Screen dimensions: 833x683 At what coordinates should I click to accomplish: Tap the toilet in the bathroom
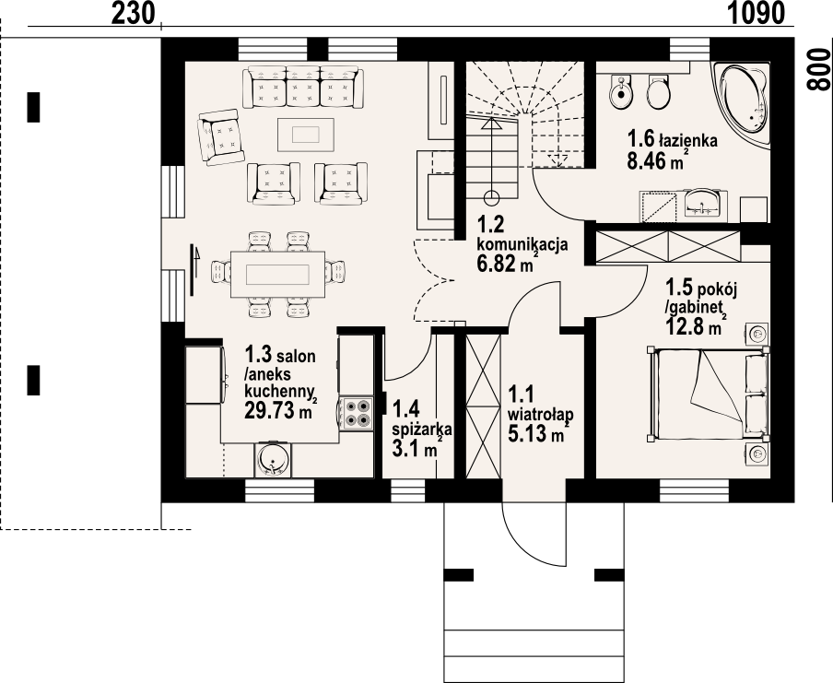click(659, 91)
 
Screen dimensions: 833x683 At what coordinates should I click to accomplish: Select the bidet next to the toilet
click(619, 91)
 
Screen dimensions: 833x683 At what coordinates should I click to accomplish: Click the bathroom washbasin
click(702, 205)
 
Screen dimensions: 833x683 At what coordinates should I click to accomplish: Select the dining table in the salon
click(278, 275)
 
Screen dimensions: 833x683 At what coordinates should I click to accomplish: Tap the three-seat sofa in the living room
click(303, 87)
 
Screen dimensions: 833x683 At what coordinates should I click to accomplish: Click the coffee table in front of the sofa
click(306, 135)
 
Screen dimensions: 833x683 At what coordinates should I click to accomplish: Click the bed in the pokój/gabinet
click(709, 394)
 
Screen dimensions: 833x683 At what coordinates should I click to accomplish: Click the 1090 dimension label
click(756, 13)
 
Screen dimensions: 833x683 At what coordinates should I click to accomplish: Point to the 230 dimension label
click(133, 13)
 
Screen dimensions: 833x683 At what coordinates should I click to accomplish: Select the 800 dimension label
click(818, 69)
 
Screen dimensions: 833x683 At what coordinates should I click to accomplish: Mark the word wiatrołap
click(541, 414)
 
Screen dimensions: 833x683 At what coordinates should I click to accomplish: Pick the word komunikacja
click(522, 244)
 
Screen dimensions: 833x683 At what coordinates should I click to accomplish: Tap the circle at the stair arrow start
click(492, 199)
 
